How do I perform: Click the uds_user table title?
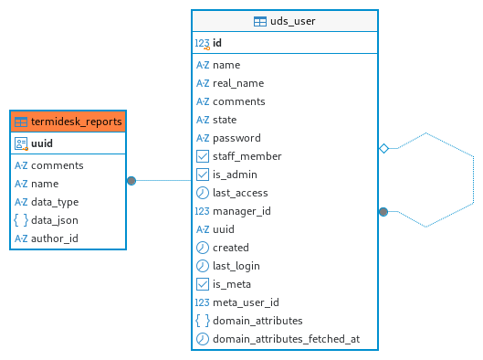click(x=293, y=21)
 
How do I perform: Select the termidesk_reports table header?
click(x=68, y=122)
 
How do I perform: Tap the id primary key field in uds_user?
click(x=217, y=43)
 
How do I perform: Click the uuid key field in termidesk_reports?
click(x=42, y=143)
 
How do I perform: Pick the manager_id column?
click(x=241, y=211)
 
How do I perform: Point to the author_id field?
click(x=55, y=238)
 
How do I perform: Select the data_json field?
click(x=55, y=220)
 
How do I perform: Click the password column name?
click(x=236, y=138)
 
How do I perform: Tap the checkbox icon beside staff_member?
click(x=203, y=156)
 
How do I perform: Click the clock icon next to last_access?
click(x=203, y=193)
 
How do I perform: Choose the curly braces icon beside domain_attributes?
click(x=203, y=321)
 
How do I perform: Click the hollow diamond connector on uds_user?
click(x=383, y=149)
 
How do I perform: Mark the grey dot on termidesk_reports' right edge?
click(x=131, y=181)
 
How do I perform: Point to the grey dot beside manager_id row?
click(x=383, y=212)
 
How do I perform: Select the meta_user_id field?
click(x=246, y=302)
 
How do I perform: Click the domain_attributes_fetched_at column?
click(x=286, y=339)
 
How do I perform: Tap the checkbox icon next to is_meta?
click(x=203, y=284)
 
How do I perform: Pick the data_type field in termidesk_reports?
click(x=55, y=202)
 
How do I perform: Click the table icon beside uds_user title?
click(x=260, y=22)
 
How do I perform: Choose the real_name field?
click(x=238, y=83)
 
